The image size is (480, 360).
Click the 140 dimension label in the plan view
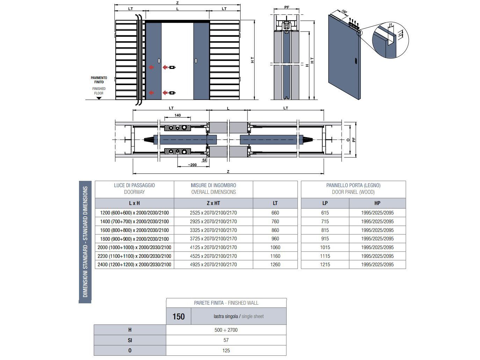pos(178,115)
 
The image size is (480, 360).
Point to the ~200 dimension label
pos(192,165)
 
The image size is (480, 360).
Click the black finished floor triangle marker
pos(99,98)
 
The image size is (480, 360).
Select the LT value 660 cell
pos(275,213)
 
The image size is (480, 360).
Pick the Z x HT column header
pos(213,203)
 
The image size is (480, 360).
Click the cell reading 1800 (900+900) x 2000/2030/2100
pos(134,239)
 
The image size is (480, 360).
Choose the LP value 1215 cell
pos(325,265)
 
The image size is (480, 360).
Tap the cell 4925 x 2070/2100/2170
pos(213,265)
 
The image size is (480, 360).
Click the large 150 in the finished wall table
pos(178,317)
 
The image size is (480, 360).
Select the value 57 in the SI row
pos(226,340)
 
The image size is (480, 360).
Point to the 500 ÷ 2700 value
pos(226,330)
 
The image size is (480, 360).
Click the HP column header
pos(377,203)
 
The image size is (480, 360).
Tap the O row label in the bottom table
pos(130,351)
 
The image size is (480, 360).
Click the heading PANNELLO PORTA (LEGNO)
pos(353,185)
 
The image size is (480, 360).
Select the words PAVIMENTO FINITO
pos(99,80)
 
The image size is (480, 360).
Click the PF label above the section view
pos(287,7)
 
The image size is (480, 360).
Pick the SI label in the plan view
pos(204,160)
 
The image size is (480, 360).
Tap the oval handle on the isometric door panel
pos(356,61)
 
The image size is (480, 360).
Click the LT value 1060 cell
pos(275,247)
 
